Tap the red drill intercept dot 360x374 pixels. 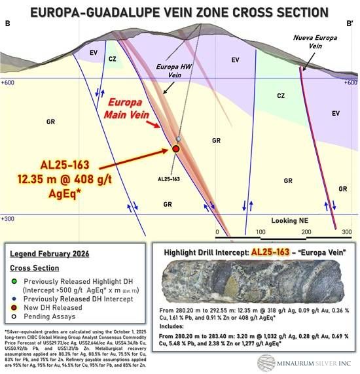(x=175, y=149)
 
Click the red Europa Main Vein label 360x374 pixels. (x=131, y=109)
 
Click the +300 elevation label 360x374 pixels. (x=9, y=219)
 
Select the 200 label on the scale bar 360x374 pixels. (x=304, y=233)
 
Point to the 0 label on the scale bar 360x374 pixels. (x=217, y=233)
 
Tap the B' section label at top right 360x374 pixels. (x=350, y=24)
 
